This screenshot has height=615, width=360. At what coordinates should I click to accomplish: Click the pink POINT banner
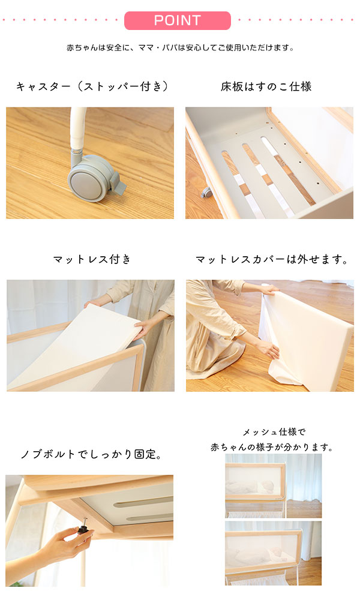pyautogui.click(x=177, y=20)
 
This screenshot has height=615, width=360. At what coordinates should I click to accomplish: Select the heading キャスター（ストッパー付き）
pyautogui.click(x=92, y=86)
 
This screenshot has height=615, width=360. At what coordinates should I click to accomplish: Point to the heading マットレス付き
pyautogui.click(x=92, y=259)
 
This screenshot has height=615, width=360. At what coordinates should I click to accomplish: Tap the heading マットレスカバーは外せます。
pyautogui.click(x=272, y=259)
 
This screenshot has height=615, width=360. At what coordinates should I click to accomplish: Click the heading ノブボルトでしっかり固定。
pyautogui.click(x=91, y=454)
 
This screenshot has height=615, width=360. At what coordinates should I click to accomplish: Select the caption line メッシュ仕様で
pyautogui.click(x=274, y=431)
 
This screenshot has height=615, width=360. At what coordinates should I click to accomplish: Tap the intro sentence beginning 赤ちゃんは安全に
pyautogui.click(x=180, y=47)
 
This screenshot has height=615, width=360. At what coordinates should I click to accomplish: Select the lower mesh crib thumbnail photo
pyautogui.click(x=273, y=552)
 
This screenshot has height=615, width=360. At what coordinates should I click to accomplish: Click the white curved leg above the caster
pyautogui.click(x=76, y=129)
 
